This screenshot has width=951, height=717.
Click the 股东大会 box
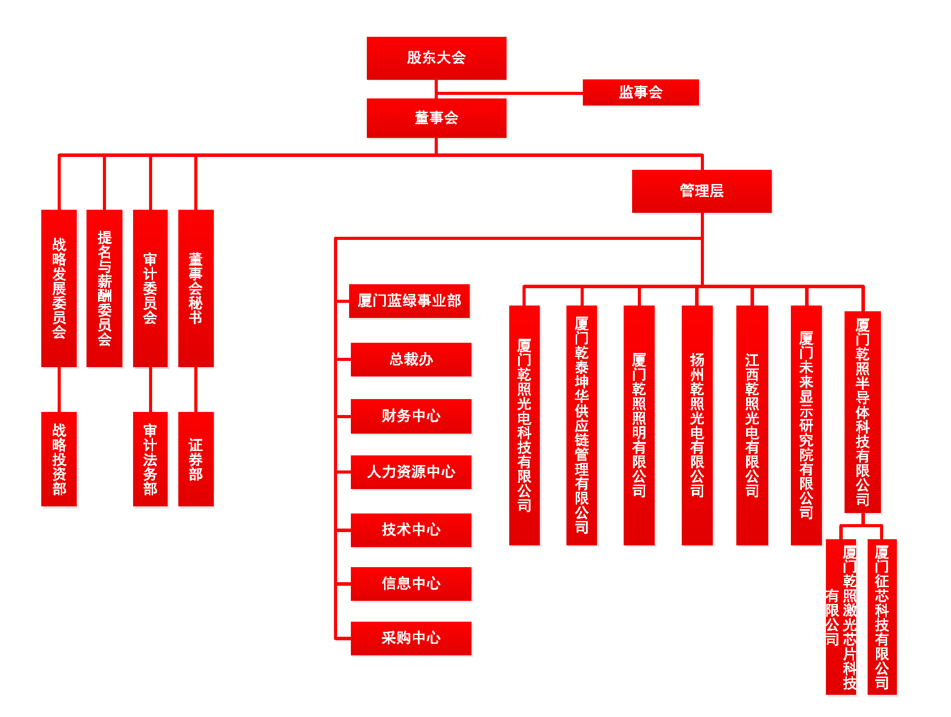coord(436,58)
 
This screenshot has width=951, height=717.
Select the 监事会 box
coord(641,92)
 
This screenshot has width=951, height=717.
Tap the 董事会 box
coord(436,118)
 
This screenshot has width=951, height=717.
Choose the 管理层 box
coord(701,191)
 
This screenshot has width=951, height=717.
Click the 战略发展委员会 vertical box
coord(59,288)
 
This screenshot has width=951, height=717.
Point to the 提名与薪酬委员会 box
coord(104,288)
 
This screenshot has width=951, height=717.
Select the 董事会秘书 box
coord(196,288)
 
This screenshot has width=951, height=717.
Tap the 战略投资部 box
coord(59,459)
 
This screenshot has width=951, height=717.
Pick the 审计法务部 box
coord(150,459)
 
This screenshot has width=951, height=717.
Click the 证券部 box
coord(196,459)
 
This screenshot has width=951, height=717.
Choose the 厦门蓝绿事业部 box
coord(409,301)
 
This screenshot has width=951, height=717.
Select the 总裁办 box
coord(411,360)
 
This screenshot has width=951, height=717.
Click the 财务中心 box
coord(411,416)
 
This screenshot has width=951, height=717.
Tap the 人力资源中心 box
coord(411,472)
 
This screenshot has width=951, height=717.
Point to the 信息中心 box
coord(411,584)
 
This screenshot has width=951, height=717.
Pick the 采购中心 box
coord(411,638)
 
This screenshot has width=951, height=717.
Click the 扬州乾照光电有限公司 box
coord(697,425)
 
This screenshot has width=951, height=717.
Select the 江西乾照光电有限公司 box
coord(752,425)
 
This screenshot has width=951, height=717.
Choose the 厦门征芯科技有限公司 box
coord(882,616)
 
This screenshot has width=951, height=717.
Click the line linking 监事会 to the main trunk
coord(510,93)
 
